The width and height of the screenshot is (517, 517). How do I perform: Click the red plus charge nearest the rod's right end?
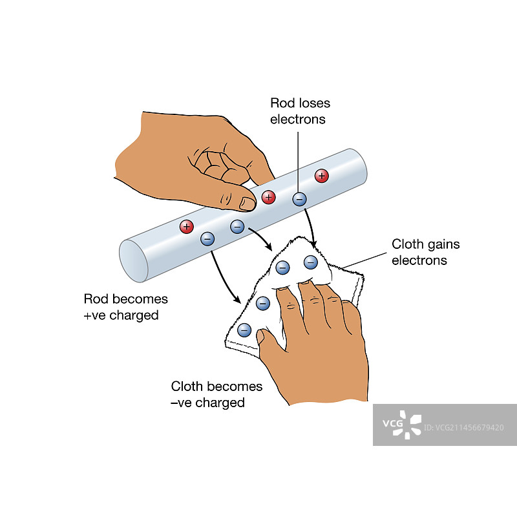tap(321, 175)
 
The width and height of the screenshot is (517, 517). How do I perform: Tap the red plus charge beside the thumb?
tap(268, 196)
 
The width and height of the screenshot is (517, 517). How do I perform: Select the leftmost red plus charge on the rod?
tap(187, 226)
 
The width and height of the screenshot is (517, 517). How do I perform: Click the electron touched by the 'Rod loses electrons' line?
tap(299, 199)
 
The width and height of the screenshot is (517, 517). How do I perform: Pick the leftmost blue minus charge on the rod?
tap(207, 238)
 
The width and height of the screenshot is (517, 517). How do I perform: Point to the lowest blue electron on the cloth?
tap(244, 330)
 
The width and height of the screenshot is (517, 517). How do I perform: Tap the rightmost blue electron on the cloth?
tap(311, 262)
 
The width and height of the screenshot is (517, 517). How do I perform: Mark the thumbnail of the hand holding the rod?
tap(248, 203)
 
